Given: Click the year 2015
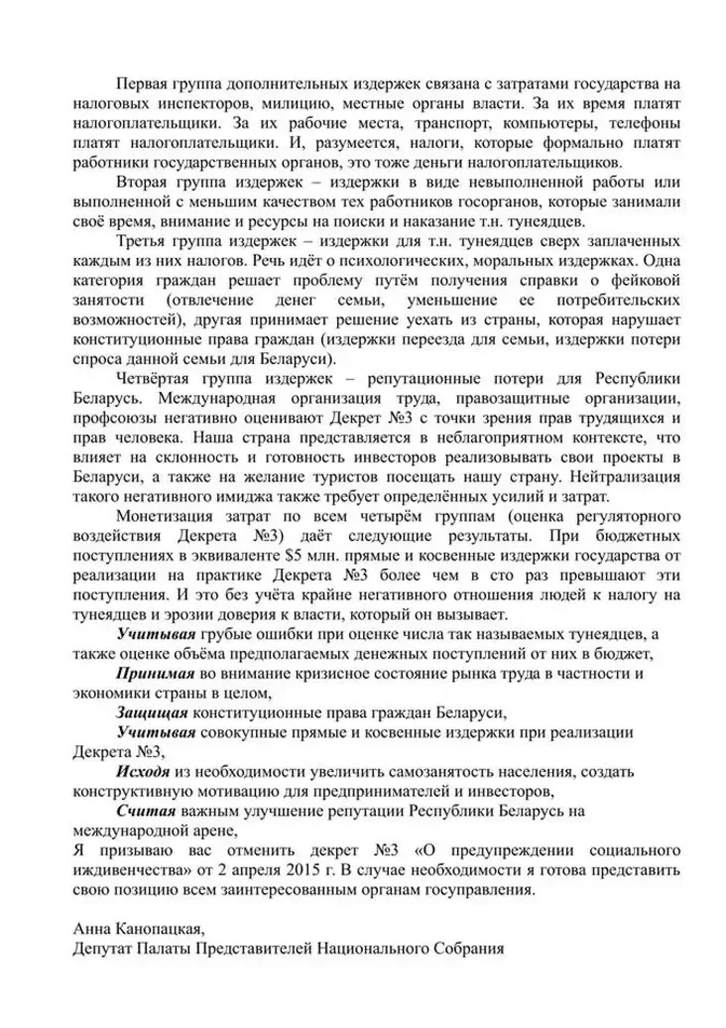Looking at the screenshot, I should pos(361,872).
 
